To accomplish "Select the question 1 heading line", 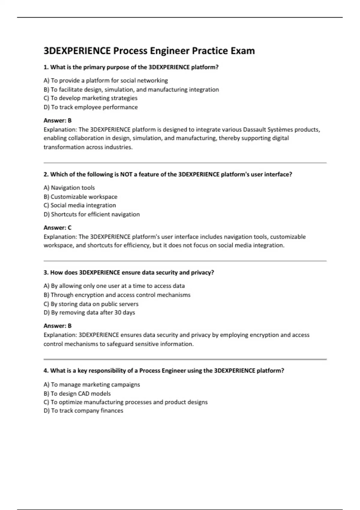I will [x=131, y=67].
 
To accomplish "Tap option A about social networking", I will [x=106, y=80].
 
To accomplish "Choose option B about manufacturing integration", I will [x=131, y=89].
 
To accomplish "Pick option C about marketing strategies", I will [x=90, y=98].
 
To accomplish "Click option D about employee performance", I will [x=91, y=107].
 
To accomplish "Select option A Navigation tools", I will [x=69, y=188].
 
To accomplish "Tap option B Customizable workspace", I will [x=80, y=197].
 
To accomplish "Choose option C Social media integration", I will [x=79, y=205].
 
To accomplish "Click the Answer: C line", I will [x=58, y=228].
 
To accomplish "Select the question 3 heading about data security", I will [x=129, y=273].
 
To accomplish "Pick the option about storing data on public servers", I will [x=91, y=304].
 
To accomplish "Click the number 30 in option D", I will [x=118, y=313].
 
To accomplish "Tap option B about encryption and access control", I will [x=117, y=295].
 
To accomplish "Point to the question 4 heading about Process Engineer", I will [x=163, y=371].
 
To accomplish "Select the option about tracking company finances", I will [x=83, y=411].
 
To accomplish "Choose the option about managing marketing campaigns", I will [x=91, y=385].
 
